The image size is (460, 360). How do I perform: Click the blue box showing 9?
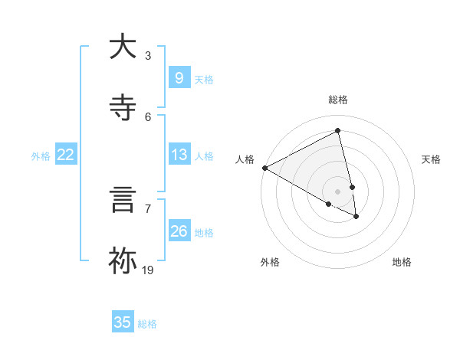(x=179, y=78)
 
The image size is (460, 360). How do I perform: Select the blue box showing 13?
(x=179, y=155)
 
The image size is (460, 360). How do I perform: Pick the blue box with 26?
(x=179, y=231)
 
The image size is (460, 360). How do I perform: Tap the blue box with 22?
(x=66, y=155)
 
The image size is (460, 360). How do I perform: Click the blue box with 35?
(x=123, y=322)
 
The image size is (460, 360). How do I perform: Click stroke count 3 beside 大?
(x=148, y=55)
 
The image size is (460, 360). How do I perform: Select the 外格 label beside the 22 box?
(x=41, y=155)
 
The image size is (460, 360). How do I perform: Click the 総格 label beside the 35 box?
(x=147, y=324)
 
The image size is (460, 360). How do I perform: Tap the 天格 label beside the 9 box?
(x=204, y=79)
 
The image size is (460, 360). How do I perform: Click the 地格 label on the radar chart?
(x=402, y=262)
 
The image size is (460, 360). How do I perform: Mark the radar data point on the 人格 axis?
(x=264, y=168)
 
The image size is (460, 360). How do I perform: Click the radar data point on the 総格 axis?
(x=338, y=131)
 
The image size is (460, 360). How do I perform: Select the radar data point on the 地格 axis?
(x=356, y=217)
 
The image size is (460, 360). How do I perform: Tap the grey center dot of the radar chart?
(x=338, y=191)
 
